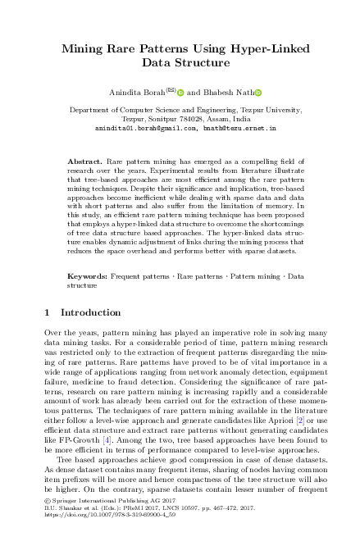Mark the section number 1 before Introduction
[47, 312]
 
